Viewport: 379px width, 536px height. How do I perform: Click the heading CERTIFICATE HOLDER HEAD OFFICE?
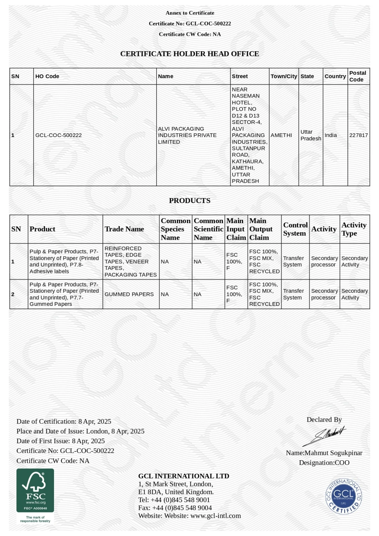[189, 54]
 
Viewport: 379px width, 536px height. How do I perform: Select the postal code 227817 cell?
[358, 135]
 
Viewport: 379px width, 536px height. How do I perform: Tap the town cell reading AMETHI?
[281, 135]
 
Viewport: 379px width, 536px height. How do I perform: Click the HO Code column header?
[47, 76]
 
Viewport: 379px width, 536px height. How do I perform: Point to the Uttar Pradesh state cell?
[311, 135]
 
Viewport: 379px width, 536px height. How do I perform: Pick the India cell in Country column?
[331, 135]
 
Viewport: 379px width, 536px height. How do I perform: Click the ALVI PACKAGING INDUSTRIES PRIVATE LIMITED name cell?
[187, 135]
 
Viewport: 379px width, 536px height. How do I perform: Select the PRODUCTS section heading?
[189, 201]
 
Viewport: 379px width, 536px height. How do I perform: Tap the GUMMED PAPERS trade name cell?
[129, 294]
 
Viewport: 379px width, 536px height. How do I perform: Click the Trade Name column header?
[124, 229]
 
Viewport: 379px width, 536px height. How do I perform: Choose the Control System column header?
[295, 229]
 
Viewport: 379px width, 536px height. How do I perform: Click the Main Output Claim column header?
[261, 229]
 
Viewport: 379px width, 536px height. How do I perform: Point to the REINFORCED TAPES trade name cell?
[130, 262]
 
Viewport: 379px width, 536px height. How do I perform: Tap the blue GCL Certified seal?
[343, 496]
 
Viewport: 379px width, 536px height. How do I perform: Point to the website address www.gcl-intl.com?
[215, 516]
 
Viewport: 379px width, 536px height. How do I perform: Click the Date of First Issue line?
[61, 441]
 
